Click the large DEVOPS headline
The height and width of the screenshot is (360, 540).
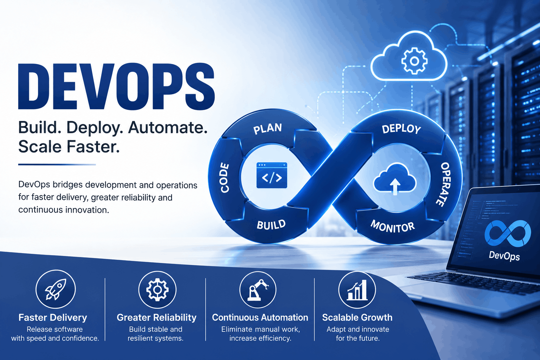(116, 86)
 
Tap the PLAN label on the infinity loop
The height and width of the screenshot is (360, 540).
(268, 129)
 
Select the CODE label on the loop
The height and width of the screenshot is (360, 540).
(225, 178)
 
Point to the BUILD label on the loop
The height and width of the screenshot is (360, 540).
(271, 225)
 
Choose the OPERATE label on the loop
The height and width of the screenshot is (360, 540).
(444, 185)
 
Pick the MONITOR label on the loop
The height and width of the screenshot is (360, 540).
(392, 227)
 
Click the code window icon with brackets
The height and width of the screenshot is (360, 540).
(272, 175)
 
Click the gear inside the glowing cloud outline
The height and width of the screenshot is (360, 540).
(414, 61)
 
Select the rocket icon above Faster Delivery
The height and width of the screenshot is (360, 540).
(56, 289)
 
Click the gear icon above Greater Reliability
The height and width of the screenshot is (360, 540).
(157, 289)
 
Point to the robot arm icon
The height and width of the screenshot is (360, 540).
(258, 290)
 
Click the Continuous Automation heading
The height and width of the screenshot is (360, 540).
(260, 317)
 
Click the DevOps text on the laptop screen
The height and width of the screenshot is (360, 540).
(504, 256)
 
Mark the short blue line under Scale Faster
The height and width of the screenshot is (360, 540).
(57, 165)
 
